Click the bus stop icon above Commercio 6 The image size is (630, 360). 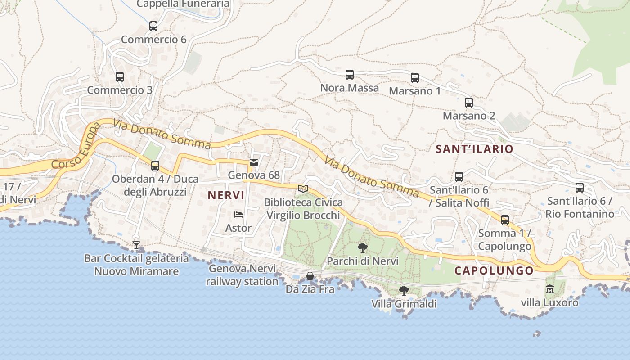tap(153, 26)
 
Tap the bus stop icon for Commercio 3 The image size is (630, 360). tap(120, 77)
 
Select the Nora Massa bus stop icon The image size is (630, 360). tap(350, 75)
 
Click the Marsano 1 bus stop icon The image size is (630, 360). tap(415, 78)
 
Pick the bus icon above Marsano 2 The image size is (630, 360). tap(469, 103)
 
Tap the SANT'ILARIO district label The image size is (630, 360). tap(474, 149)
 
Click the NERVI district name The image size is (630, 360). tap(226, 195)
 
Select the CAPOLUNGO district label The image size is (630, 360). tap(494, 270)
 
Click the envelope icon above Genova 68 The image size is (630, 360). tap(254, 162)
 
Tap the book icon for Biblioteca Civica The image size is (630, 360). tap(303, 189)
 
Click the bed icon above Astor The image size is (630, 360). tap(238, 215)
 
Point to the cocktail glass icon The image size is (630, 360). tap(136, 245)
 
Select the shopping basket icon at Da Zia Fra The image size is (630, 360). tap(310, 276)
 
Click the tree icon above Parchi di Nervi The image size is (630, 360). tap(362, 247)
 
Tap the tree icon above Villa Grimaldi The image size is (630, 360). tap(404, 290)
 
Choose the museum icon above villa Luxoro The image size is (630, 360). tap(550, 289)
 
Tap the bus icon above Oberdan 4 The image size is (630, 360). tap(155, 166)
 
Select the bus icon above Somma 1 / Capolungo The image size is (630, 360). tap(505, 220)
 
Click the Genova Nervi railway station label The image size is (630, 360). tap(242, 275)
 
